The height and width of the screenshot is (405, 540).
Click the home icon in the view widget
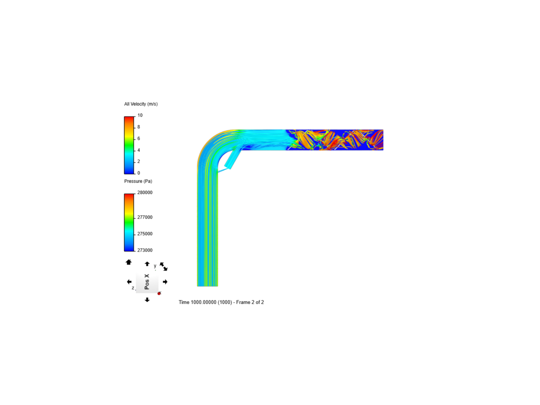pos(128,262)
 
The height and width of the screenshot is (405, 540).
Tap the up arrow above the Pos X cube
pos(147,264)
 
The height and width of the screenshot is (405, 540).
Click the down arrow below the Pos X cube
pos(147,300)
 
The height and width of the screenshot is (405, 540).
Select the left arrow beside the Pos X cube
pos(129,282)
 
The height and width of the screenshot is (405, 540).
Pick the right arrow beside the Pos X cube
pos(165,282)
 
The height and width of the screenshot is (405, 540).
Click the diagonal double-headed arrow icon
pos(163,267)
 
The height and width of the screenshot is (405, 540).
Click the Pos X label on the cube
pos(147,282)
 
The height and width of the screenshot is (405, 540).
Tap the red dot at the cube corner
pos(159,293)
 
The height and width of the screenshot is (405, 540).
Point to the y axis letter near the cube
pos(155,266)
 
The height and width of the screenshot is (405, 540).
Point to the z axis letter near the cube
pos(133,288)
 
